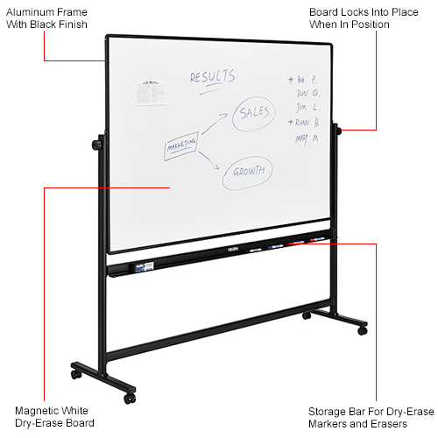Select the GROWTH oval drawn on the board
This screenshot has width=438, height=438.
pos(248,171)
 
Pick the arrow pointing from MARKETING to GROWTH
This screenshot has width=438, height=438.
pos(210,161)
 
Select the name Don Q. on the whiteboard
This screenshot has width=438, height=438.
pos(307,92)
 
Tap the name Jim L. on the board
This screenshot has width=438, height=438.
pos(307,107)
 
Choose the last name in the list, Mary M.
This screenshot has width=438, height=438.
pos(307,138)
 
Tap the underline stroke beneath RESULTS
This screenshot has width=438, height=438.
pos(213,87)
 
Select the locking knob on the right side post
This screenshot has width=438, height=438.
pos(339,131)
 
